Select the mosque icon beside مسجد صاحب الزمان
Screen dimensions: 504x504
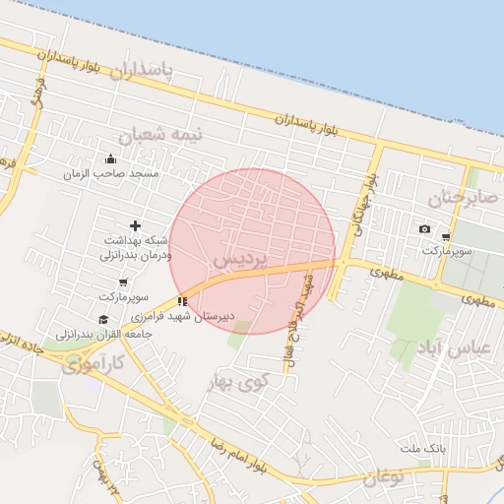pyautogui.click(x=110, y=158)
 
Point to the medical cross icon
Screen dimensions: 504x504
pyautogui.click(x=135, y=226)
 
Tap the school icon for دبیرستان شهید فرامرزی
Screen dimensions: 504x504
pyautogui.click(x=181, y=301)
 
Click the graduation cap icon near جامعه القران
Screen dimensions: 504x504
pyautogui.click(x=103, y=319)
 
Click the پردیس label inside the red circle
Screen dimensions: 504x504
pyautogui.click(x=237, y=260)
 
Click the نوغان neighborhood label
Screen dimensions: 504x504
pyautogui.click(x=384, y=478)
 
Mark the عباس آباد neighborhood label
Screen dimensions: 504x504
pyautogui.click(x=454, y=348)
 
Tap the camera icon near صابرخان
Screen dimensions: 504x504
pyautogui.click(x=424, y=229)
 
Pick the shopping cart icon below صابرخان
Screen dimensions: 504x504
pyautogui.click(x=446, y=237)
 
